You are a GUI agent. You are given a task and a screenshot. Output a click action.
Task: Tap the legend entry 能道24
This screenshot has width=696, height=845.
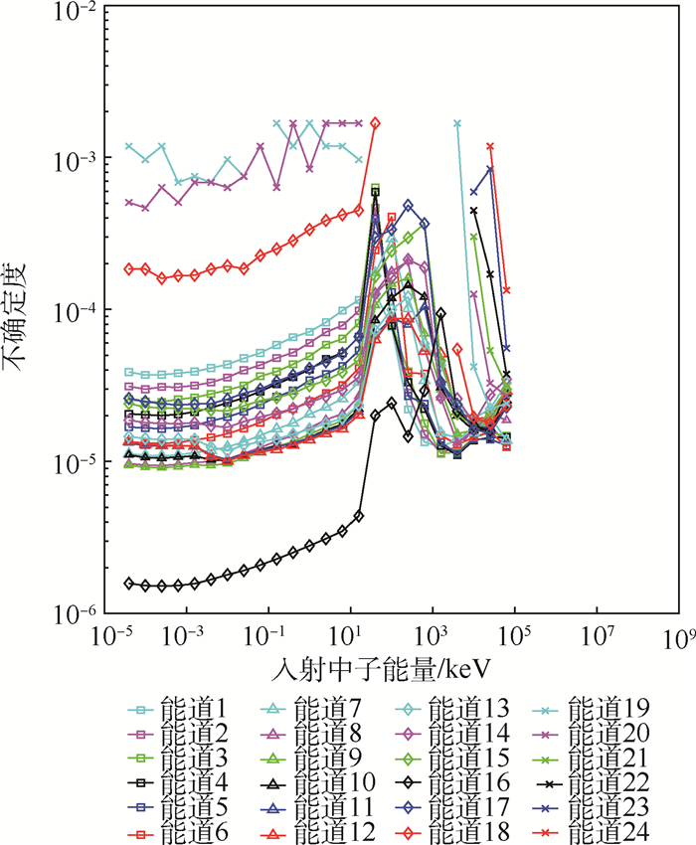[x=607, y=830]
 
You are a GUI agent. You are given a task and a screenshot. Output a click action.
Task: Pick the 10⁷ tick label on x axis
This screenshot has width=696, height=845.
[x=596, y=636]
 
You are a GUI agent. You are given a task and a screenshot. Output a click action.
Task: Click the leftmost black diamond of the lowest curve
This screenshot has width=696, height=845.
[x=129, y=583]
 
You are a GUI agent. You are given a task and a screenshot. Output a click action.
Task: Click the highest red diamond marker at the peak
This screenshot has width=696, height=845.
[x=375, y=123]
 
